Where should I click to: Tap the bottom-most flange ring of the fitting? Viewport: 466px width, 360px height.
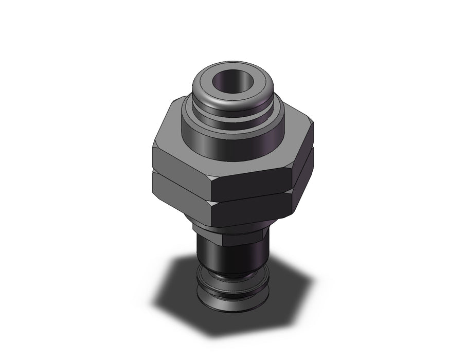click(231, 298)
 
